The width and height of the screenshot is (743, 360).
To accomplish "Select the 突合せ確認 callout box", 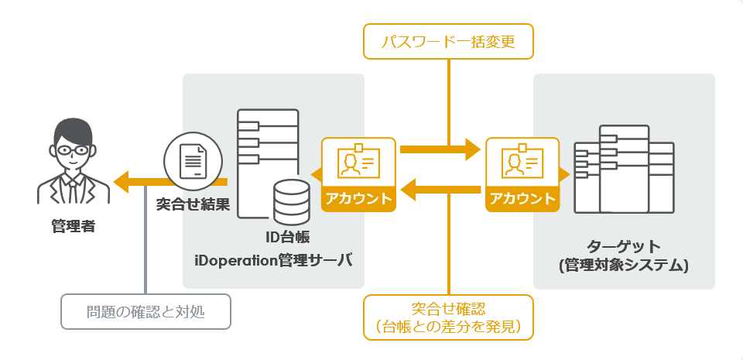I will tap(449, 317).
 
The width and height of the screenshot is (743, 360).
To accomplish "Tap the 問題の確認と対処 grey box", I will tap(146, 313).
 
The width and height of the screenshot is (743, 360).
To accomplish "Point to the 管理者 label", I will tap(72, 227).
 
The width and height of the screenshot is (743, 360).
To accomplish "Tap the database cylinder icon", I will tap(292, 201).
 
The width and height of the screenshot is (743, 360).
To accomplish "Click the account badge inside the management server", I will tap(358, 174).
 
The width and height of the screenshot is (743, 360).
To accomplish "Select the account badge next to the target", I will tap(522, 174).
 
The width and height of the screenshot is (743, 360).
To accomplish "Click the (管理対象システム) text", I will tap(624, 266).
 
